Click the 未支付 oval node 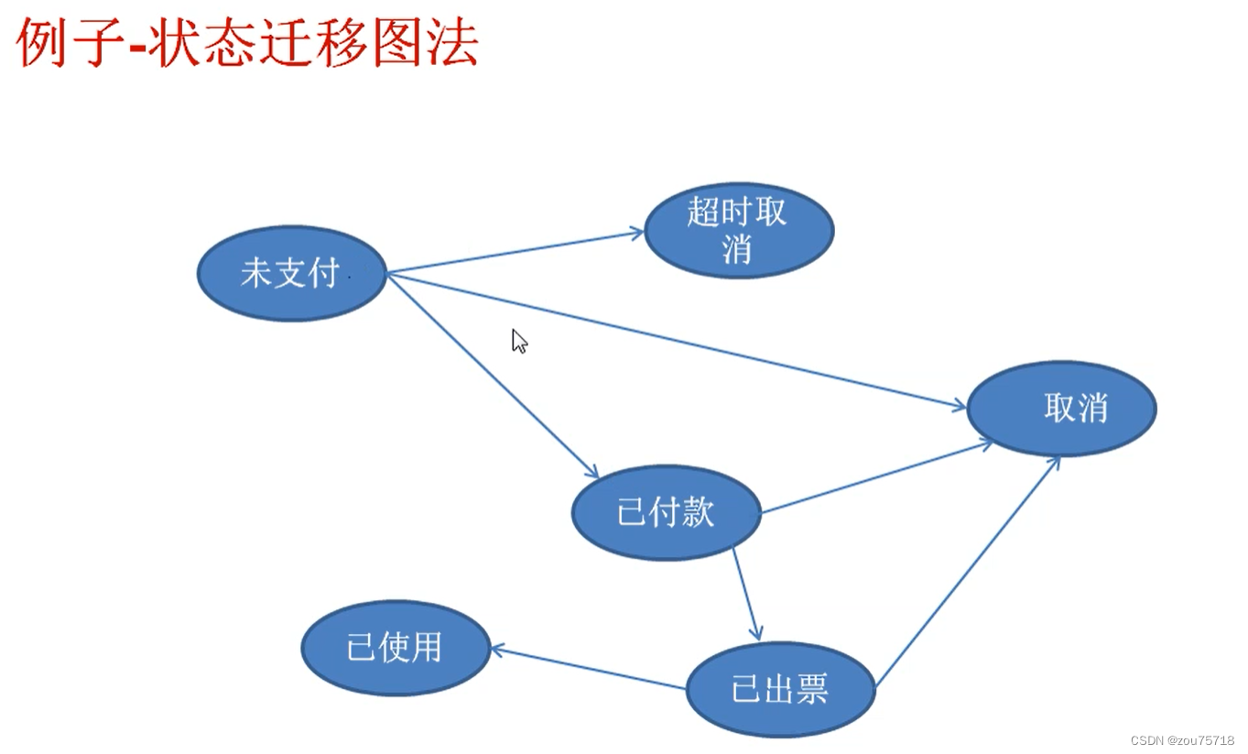292,273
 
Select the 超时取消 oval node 739,230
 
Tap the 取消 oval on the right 1061,408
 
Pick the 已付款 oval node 666,512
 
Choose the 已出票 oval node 780,689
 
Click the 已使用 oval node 396,648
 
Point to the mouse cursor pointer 518,341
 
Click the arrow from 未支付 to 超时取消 515,253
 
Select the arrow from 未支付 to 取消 678,341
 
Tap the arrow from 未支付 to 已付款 493,375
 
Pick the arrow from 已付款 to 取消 876,477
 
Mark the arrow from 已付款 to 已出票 746,594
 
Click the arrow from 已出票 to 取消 967,572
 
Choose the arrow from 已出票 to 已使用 588,669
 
